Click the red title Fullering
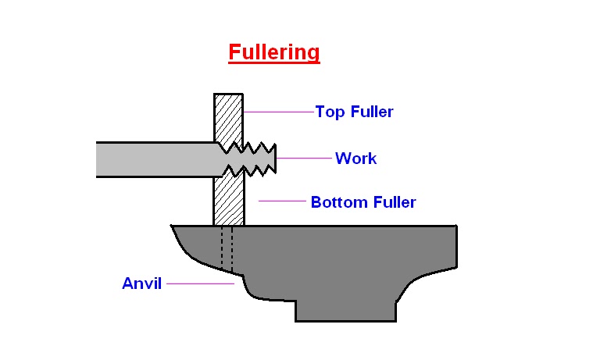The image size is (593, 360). pos(273,52)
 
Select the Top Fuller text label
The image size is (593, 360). pos(354,112)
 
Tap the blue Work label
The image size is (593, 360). pos(355,159)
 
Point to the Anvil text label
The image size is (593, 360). pos(141,283)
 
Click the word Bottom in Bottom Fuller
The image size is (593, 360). pos(337,202)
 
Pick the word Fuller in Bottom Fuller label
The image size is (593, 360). pos(391,202)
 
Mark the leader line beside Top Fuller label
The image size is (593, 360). pos(278,112)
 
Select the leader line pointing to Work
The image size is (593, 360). pos(305,158)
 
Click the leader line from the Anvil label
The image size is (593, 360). pos(200,283)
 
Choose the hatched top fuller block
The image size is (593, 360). pos(228,117)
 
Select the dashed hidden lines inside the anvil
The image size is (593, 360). pos(227,248)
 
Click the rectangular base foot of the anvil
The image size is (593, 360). pos(345,311)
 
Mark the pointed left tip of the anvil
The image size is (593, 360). pos(174,227)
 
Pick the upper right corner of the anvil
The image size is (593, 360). pos(455,227)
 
